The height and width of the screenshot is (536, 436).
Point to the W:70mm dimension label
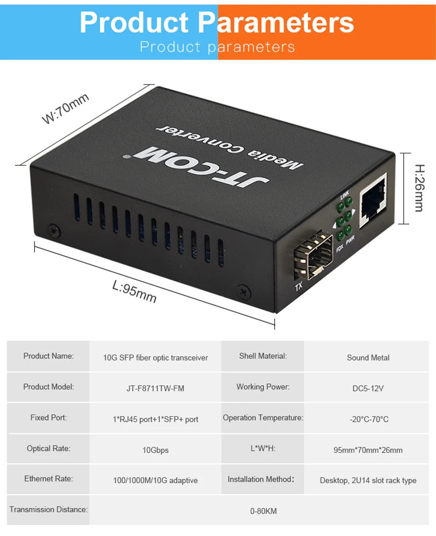click(65, 108)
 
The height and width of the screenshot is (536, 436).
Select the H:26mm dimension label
click(418, 188)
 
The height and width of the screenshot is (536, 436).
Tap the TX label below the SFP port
click(299, 287)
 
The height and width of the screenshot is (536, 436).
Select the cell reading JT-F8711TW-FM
click(155, 388)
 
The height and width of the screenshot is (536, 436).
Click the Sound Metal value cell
click(368, 357)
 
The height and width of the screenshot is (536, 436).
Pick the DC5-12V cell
click(368, 388)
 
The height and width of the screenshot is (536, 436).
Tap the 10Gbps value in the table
click(155, 450)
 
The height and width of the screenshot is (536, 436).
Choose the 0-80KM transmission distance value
click(263, 511)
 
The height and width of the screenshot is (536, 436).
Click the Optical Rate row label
click(49, 448)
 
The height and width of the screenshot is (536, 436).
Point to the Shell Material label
click(263, 356)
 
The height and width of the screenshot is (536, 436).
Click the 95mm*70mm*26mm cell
click(368, 450)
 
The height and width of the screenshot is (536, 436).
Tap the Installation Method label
click(261, 479)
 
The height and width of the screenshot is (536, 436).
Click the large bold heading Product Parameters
click(217, 22)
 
